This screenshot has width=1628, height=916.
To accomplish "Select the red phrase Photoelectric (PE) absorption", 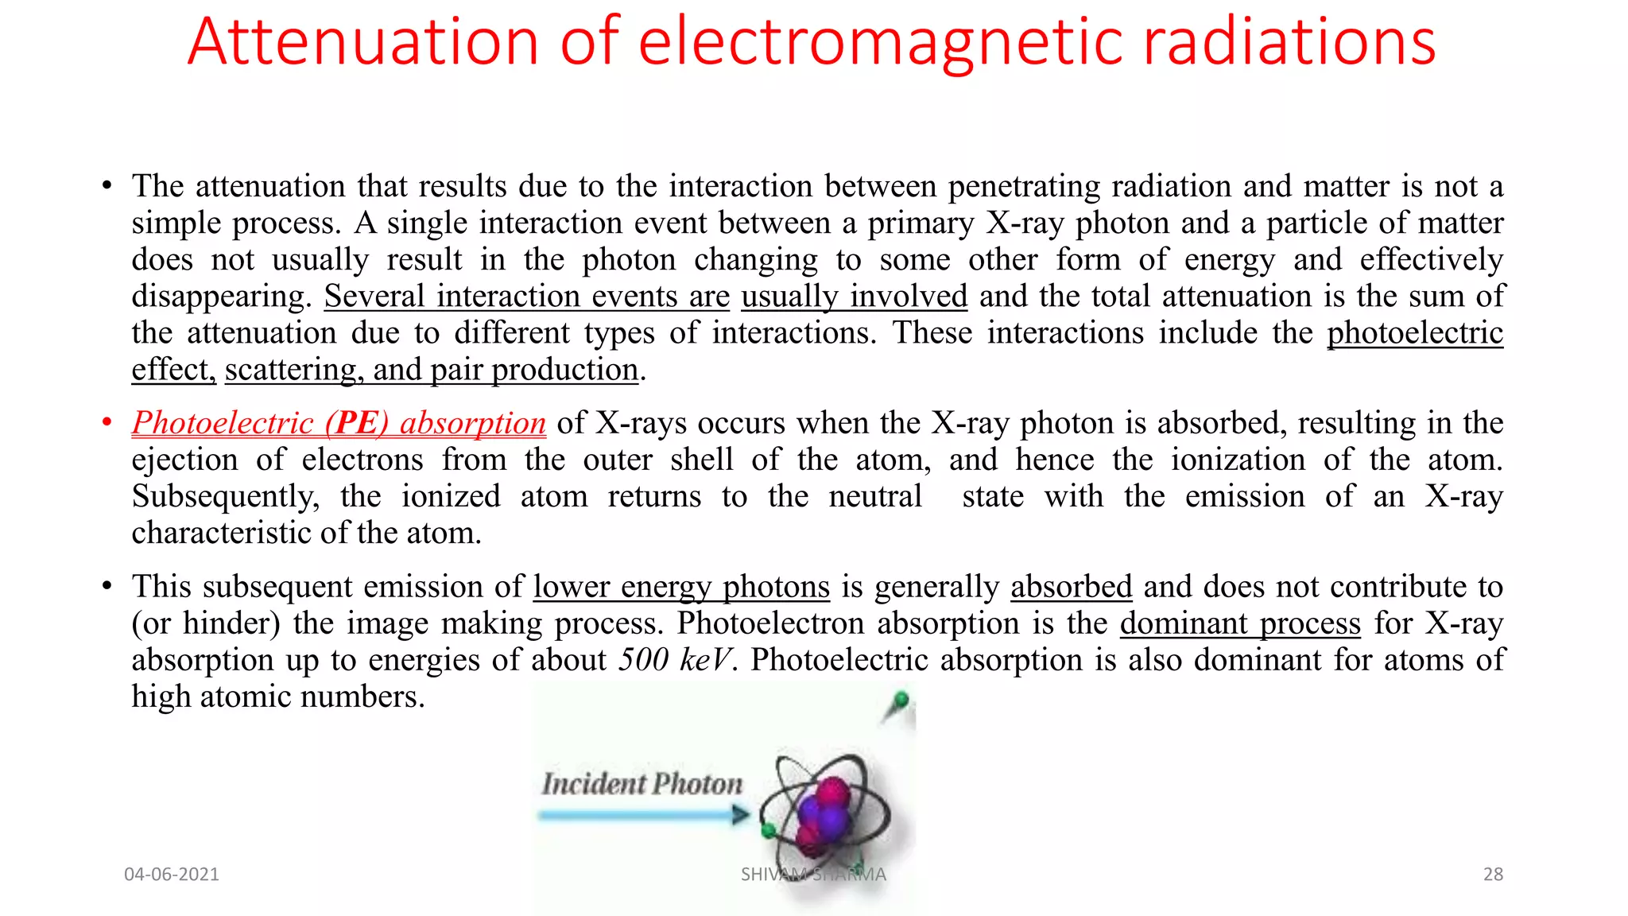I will pos(339,423).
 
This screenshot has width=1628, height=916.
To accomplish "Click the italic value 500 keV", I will pos(675,660).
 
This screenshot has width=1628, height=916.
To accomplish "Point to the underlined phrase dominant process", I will pos(1240,623).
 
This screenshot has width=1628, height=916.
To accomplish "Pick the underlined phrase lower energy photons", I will pos(681,587).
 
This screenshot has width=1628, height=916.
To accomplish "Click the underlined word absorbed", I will pos(1071,587).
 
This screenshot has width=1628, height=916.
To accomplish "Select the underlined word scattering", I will pos(291,370).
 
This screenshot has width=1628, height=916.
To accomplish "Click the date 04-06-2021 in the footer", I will pos(172,875).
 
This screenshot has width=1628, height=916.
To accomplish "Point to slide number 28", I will pos(1493,875).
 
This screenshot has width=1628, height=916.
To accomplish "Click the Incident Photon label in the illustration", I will pos(642,784).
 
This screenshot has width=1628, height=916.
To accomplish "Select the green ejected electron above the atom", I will pos(901,701).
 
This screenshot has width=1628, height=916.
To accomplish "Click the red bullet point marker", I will pos(107,423).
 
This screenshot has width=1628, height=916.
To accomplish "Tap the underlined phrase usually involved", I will pos(854,297).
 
